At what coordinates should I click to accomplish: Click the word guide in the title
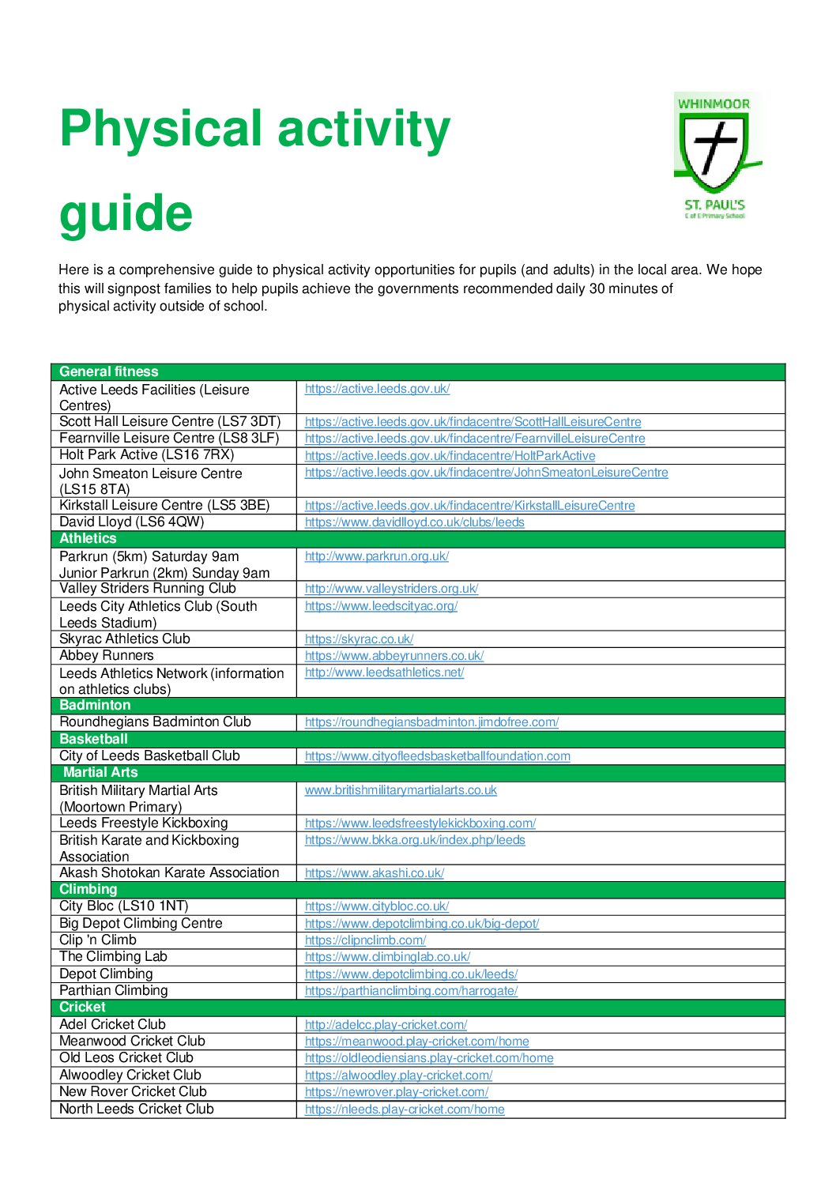click(126, 213)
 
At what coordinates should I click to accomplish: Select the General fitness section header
click(109, 372)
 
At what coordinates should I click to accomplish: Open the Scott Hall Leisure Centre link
click(473, 422)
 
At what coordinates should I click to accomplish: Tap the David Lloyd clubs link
click(414, 522)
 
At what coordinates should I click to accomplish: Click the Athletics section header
click(88, 539)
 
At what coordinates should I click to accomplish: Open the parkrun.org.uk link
click(376, 556)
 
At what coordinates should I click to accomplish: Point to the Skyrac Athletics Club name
click(125, 639)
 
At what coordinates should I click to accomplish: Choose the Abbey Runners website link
click(394, 656)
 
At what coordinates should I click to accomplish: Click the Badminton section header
click(95, 706)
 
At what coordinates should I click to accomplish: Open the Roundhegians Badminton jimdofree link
click(431, 722)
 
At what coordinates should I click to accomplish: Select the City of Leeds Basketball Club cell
click(149, 756)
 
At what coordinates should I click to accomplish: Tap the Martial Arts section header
click(100, 773)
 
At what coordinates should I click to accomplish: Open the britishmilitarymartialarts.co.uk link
click(401, 790)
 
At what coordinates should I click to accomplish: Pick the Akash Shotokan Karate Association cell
click(169, 873)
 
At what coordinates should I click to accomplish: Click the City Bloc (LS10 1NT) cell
click(124, 906)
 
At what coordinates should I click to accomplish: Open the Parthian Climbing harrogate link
click(411, 991)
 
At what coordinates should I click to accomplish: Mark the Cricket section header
click(82, 1008)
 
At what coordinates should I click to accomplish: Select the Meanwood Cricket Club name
click(132, 1042)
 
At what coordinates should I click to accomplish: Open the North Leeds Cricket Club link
click(405, 1110)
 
